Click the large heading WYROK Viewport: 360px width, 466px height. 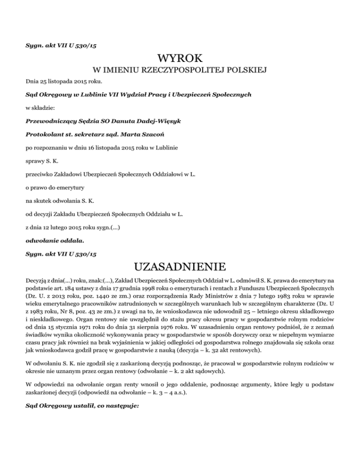click(x=180, y=59)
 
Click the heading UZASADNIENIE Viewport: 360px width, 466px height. click(x=180, y=268)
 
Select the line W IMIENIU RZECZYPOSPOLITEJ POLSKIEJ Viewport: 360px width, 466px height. click(x=180, y=71)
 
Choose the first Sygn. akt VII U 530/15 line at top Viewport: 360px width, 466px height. click(x=61, y=45)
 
